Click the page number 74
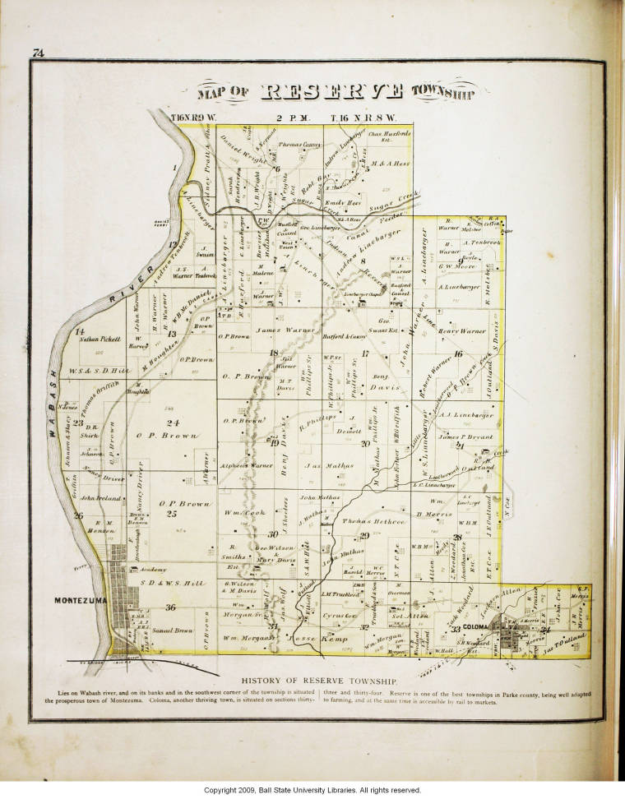click(38, 53)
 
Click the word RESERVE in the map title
click(331, 92)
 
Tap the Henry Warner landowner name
click(461, 331)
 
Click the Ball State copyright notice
click(312, 790)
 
